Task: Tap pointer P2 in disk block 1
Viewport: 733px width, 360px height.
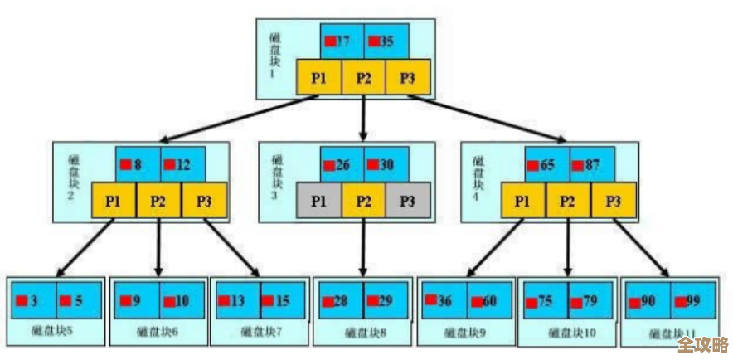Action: tap(364, 78)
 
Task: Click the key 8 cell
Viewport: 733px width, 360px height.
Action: tap(137, 164)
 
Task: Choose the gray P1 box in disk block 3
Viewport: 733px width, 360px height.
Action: tap(318, 201)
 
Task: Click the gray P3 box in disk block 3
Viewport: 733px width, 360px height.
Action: tap(406, 201)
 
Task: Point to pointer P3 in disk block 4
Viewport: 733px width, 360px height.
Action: tap(613, 201)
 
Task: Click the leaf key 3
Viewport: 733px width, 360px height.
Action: tap(34, 300)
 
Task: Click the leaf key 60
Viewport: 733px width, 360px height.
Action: tap(489, 300)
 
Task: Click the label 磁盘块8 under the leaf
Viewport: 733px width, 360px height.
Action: tap(363, 333)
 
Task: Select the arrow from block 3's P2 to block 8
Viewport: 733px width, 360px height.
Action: tap(363, 249)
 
